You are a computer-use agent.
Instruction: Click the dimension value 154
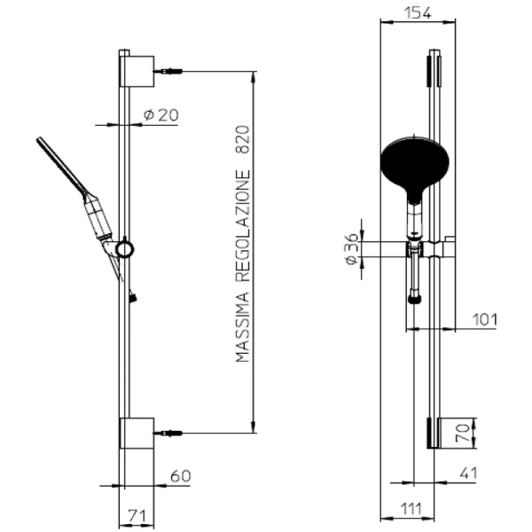coord(416,12)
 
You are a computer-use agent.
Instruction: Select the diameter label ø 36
coord(352,249)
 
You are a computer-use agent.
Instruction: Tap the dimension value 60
coord(180,476)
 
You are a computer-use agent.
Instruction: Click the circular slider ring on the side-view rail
coord(125,249)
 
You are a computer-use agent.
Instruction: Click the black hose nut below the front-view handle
coord(413,299)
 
